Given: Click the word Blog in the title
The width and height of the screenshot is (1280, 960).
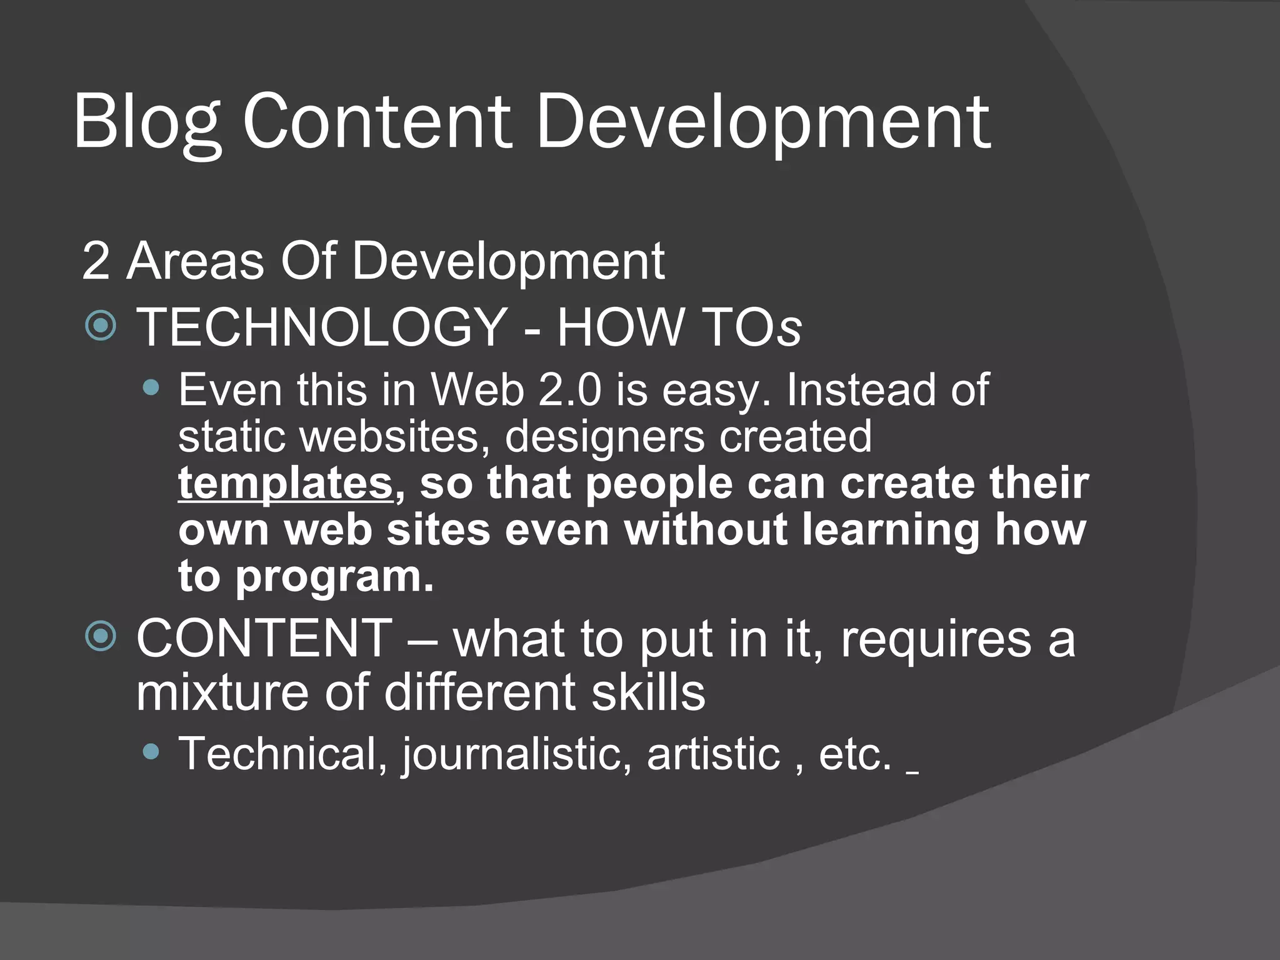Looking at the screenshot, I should [147, 122].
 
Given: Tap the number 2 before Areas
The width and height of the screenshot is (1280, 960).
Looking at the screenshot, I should [96, 261].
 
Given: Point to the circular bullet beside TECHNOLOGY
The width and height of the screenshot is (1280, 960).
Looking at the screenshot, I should [101, 325].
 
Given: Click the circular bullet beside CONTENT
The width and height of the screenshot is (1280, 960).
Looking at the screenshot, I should [101, 636].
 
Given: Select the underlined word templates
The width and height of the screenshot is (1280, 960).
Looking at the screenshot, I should [286, 483].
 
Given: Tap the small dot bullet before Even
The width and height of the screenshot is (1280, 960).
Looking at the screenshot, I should [151, 388].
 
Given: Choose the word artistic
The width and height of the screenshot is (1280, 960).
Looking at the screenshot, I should [713, 753].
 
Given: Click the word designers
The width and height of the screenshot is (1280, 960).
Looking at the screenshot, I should [604, 436].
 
